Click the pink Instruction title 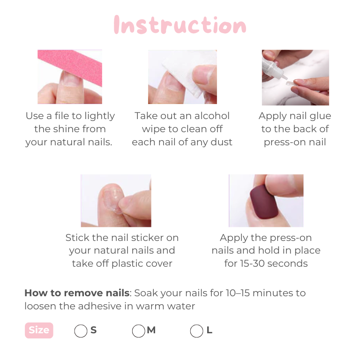180,25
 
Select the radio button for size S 81,331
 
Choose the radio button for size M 138,331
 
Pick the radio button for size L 196,331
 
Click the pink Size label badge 39,330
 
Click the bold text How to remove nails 76,293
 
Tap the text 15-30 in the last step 253,263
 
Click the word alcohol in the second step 208,116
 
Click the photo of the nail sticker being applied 116,201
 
